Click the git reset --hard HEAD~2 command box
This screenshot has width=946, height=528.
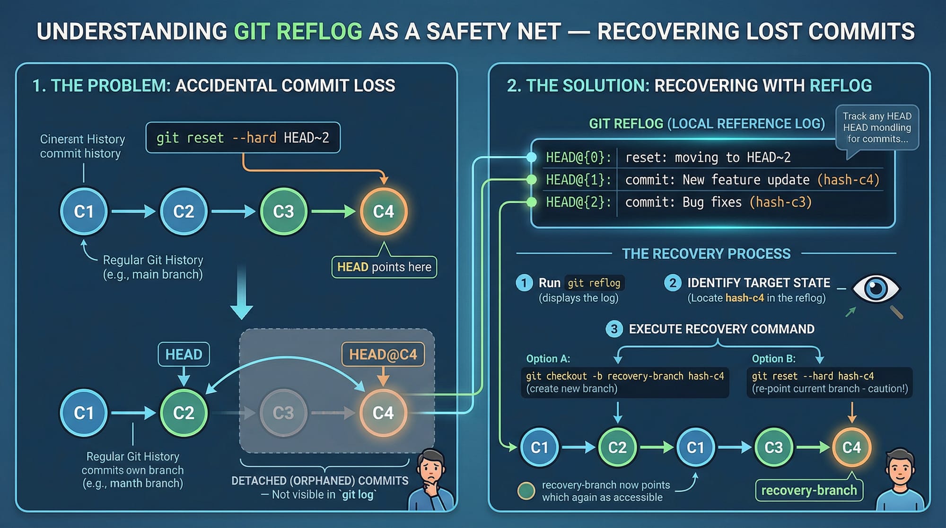pyautogui.click(x=243, y=138)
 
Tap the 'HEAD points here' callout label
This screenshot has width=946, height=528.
pyautogui.click(x=384, y=267)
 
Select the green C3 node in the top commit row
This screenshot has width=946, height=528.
pyautogui.click(x=283, y=211)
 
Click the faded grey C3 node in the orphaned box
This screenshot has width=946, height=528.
pyautogui.click(x=283, y=413)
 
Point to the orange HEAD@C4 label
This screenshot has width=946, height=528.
pyautogui.click(x=383, y=354)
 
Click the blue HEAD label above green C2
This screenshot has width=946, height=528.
pyautogui.click(x=184, y=354)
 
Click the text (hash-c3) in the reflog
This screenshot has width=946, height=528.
pyautogui.click(x=780, y=202)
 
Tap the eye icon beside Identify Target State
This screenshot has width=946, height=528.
pyautogui.click(x=876, y=288)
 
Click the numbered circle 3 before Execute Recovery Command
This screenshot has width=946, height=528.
pyautogui.click(x=614, y=329)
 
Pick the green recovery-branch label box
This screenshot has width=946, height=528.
pyautogui.click(x=809, y=490)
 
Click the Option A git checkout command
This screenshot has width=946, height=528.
pyautogui.click(x=624, y=377)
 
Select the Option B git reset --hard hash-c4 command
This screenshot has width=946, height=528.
pyautogui.click(x=813, y=377)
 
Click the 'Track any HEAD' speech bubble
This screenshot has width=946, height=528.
pyautogui.click(x=877, y=127)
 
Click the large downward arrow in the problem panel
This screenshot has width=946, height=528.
pyautogui.click(x=242, y=293)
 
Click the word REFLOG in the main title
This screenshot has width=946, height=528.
pyautogui.click(x=319, y=32)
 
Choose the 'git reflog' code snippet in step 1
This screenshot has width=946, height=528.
pyautogui.click(x=594, y=283)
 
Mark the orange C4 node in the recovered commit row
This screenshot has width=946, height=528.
pyautogui.click(x=851, y=447)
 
